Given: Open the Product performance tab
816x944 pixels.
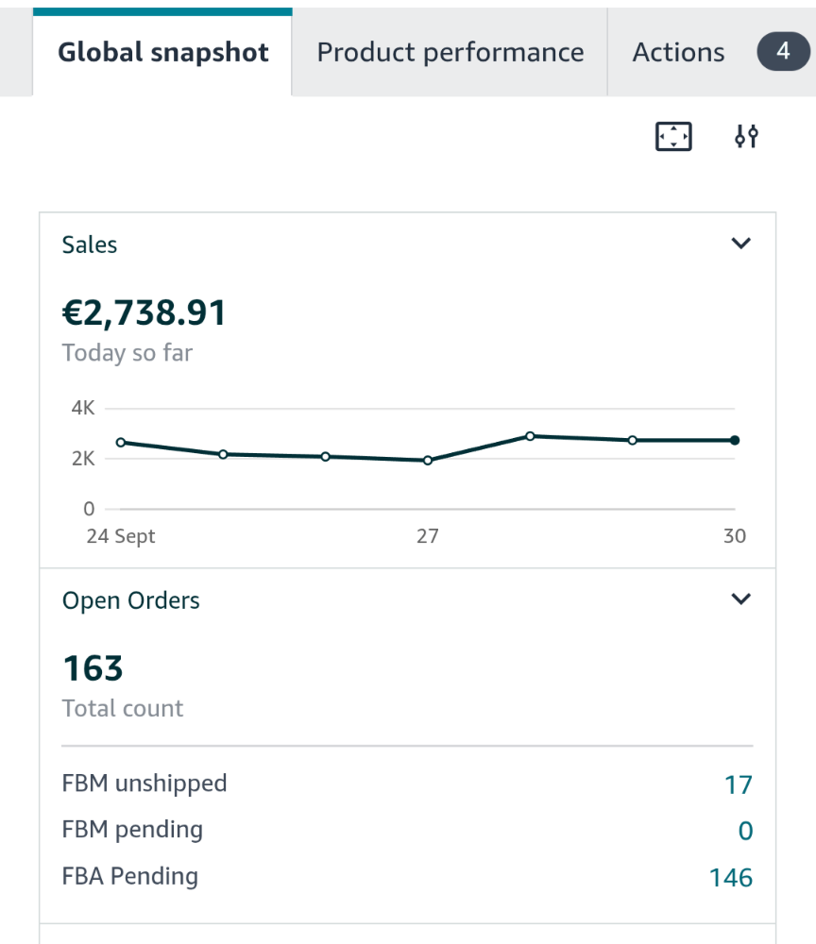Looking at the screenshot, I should tap(450, 53).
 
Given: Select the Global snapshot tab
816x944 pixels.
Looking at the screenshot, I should tap(163, 53).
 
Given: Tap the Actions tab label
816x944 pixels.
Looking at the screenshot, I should tap(678, 53).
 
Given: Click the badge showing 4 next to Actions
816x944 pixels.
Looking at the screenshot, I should tap(783, 52).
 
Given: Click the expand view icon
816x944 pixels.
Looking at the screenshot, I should tap(673, 138).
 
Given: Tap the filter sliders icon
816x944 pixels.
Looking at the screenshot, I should tap(746, 138).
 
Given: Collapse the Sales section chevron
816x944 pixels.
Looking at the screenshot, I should tap(741, 244).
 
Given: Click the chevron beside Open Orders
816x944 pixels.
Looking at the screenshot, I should tap(741, 599).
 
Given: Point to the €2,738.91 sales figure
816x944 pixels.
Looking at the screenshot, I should tap(144, 312).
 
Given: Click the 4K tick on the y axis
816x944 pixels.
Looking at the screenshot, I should tap(83, 409).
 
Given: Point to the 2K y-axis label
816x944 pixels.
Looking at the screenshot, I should tap(83, 459).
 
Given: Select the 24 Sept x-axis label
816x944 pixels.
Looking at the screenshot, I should tap(121, 536).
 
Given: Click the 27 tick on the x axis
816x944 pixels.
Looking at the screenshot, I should tap(428, 536).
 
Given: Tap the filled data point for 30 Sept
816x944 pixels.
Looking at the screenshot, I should tap(735, 440).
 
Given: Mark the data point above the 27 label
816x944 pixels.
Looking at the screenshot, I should tap(428, 461).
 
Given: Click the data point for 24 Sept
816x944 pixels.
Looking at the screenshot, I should tap(121, 442).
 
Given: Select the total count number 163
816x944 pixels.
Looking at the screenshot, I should tap(93, 668).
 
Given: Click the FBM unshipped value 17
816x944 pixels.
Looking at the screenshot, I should tap(739, 784).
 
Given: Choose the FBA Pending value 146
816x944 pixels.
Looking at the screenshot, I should tap(731, 878).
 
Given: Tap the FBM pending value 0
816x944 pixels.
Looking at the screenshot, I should tap(745, 831).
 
